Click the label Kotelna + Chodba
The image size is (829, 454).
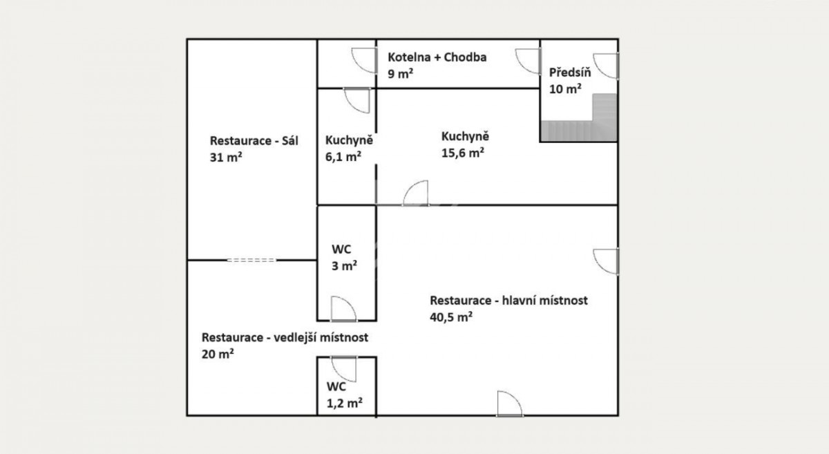point(437,57)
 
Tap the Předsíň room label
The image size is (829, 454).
point(570,72)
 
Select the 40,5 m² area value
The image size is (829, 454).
point(451,317)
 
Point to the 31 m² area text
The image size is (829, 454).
point(226,158)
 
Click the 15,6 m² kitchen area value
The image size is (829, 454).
point(463,153)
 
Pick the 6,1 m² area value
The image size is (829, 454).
point(343,157)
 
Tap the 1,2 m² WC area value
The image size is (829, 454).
point(344,403)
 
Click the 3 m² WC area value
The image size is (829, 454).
point(344,265)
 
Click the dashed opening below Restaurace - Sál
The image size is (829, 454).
point(251,261)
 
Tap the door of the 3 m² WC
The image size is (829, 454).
point(343,309)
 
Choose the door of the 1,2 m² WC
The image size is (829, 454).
point(344,369)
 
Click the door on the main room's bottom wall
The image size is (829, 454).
point(510,404)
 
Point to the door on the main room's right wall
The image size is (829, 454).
point(606,261)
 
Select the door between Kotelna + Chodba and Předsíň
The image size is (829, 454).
point(528,62)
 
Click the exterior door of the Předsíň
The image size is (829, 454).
point(606,66)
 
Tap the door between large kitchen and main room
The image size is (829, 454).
point(416,193)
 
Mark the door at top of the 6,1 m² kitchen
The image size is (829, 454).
point(356,100)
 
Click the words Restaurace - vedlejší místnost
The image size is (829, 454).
point(285,337)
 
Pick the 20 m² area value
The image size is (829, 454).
point(218,354)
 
